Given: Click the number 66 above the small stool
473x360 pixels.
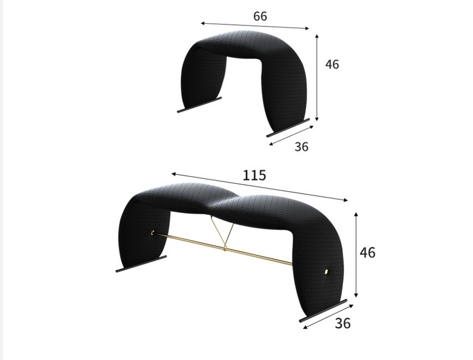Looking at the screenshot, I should (260, 16).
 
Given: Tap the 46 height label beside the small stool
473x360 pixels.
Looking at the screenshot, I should (332, 64).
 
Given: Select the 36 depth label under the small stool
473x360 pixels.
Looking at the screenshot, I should (302, 147).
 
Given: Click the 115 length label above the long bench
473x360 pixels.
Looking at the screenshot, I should (254, 176).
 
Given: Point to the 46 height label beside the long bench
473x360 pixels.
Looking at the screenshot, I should (367, 252).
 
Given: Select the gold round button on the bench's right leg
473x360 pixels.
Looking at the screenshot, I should (326, 271).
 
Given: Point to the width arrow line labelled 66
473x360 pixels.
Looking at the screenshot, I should (255, 26).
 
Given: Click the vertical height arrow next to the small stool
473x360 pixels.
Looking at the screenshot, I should (318, 77).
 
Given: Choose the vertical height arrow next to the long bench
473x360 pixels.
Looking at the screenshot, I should (356, 255).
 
